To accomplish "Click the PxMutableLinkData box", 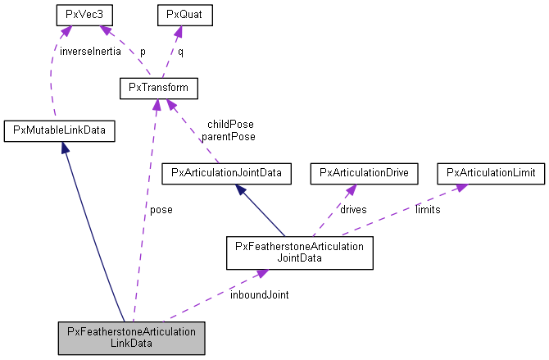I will [x=60, y=130].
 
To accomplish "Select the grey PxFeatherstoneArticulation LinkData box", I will [x=131, y=338].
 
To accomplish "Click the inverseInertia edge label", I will [x=89, y=51].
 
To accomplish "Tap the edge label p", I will [x=143, y=51].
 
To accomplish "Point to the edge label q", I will [x=180, y=51].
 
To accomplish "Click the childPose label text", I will [x=230, y=125].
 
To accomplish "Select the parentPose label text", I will [x=228, y=136].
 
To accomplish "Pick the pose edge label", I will [x=161, y=209].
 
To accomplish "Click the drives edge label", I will [x=353, y=209].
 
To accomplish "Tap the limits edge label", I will [x=427, y=209].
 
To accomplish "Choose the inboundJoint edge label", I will [x=259, y=294].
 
